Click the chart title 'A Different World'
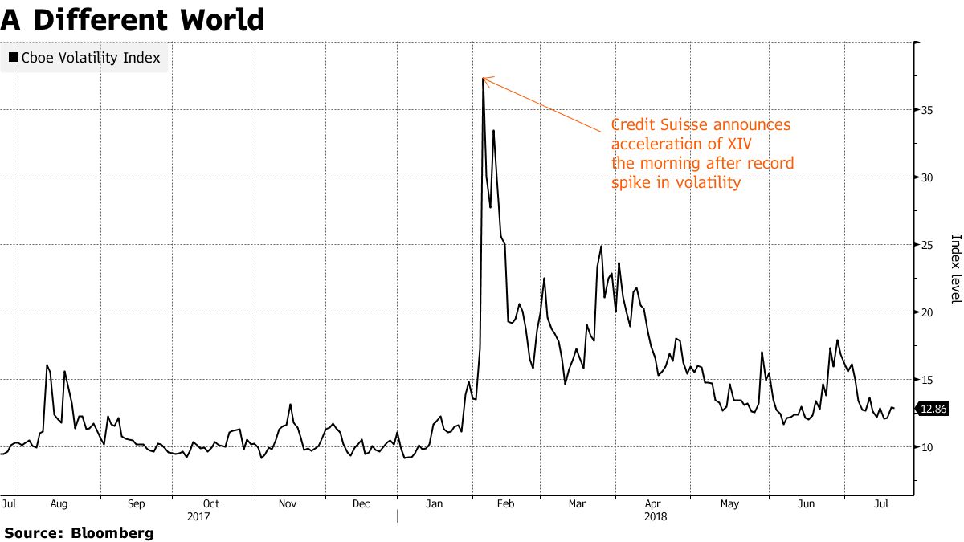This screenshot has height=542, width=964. pyautogui.click(x=133, y=18)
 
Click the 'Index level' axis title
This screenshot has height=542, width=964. pyautogui.click(x=955, y=269)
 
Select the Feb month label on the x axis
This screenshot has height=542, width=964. pyautogui.click(x=505, y=504)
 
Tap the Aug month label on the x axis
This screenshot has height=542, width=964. pyautogui.click(x=59, y=504)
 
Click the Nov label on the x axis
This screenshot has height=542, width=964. pyautogui.click(x=288, y=504)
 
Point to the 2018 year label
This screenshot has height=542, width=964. pyautogui.click(x=656, y=517)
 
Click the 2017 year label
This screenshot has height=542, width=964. pyautogui.click(x=198, y=517)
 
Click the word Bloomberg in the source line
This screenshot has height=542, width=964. pyautogui.click(x=112, y=532)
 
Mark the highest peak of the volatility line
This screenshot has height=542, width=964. pyautogui.click(x=483, y=78)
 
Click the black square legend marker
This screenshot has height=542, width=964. pyautogui.click(x=13, y=58)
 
